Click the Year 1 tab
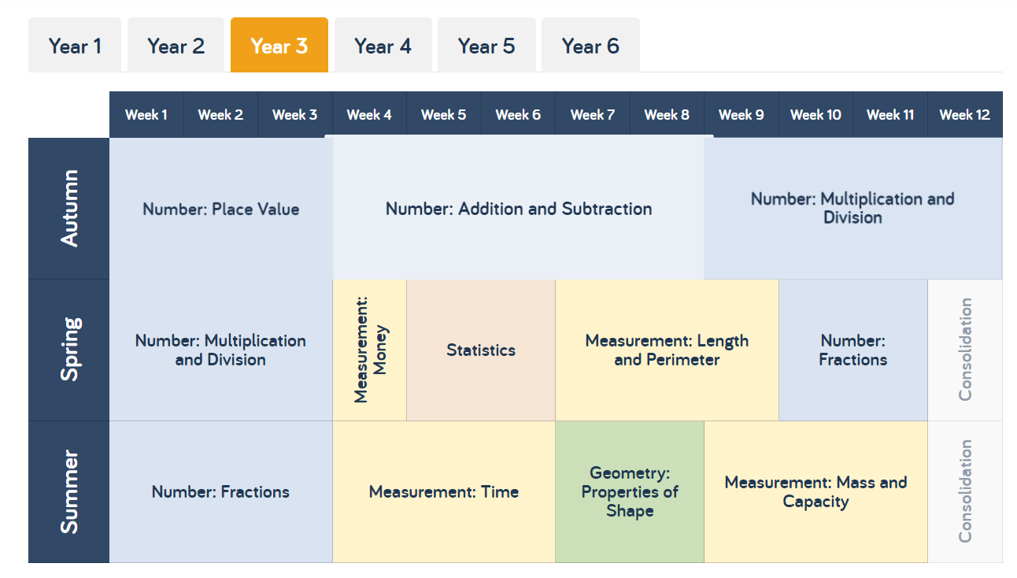click(75, 45)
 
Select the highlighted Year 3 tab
click(279, 45)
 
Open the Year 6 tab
click(590, 45)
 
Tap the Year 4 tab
click(383, 45)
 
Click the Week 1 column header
click(146, 114)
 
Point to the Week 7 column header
click(593, 114)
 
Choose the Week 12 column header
click(965, 114)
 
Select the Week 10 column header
click(815, 114)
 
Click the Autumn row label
click(69, 209)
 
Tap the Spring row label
click(69, 350)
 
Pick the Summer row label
click(69, 491)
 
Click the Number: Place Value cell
click(221, 209)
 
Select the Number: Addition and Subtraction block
click(519, 209)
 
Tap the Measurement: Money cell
click(370, 350)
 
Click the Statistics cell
click(481, 350)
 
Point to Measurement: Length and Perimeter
click(667, 350)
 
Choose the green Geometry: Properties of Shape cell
click(630, 491)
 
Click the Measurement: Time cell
click(444, 491)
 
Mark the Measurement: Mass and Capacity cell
click(815, 491)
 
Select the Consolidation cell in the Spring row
click(965, 350)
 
